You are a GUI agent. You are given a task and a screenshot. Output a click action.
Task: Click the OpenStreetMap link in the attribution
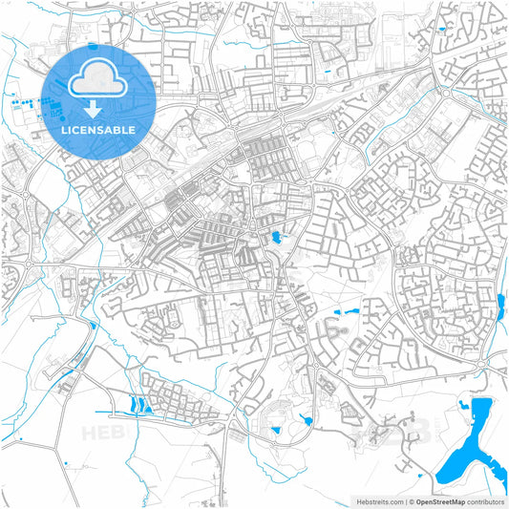452,501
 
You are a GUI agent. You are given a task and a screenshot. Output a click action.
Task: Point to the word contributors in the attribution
486,501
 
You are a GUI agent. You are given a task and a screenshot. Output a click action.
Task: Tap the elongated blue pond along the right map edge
500,307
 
